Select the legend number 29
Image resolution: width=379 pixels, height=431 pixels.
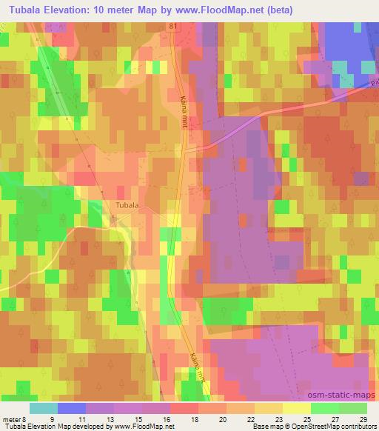coord(361,419)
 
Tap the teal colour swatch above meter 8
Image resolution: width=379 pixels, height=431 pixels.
coord(44,408)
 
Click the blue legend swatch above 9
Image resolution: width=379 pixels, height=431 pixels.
coord(72,408)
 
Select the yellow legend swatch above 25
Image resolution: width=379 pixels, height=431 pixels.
coord(296,408)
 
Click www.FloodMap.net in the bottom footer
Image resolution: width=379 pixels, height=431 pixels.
coord(141,427)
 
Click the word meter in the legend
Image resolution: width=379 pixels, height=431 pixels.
coord(11,419)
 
